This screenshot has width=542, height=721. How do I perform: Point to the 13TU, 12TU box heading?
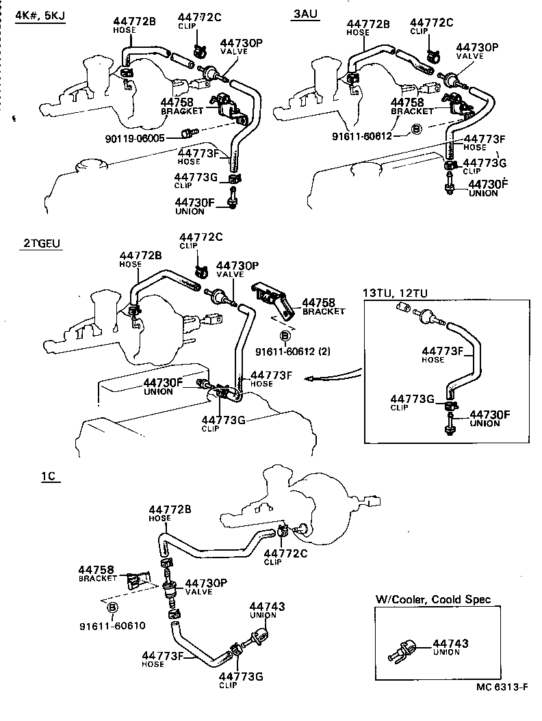396,293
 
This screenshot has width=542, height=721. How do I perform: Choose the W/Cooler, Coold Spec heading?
433,599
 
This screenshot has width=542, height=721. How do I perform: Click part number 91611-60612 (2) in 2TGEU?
292,352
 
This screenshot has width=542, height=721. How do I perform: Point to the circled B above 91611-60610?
113,607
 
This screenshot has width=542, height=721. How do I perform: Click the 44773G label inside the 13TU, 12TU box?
413,399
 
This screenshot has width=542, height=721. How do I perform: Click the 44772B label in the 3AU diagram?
367,24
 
